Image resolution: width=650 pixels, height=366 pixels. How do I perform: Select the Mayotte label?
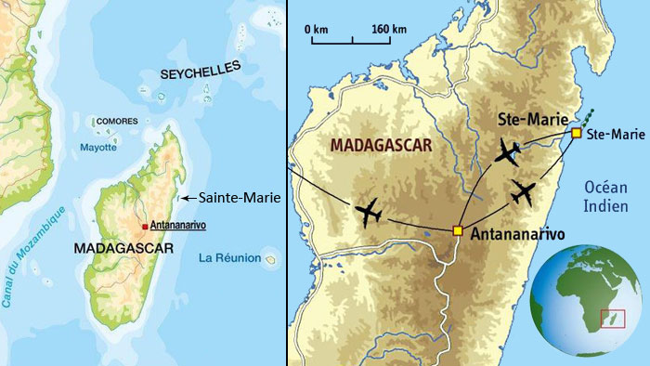(x=98, y=147)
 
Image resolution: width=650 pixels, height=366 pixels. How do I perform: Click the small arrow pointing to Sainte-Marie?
(x=186, y=197)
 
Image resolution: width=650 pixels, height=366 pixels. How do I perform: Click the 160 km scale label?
(x=386, y=30)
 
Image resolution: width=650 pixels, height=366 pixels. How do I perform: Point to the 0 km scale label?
(x=317, y=30)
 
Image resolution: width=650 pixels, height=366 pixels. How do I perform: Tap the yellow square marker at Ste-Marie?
(x=576, y=134)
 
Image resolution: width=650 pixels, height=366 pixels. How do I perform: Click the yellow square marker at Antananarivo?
(x=457, y=230)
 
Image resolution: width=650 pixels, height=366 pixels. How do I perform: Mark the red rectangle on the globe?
(x=613, y=319)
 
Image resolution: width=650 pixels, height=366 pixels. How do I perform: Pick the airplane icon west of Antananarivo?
(x=369, y=212)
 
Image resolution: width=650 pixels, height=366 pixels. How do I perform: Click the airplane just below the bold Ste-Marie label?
(x=508, y=151)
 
